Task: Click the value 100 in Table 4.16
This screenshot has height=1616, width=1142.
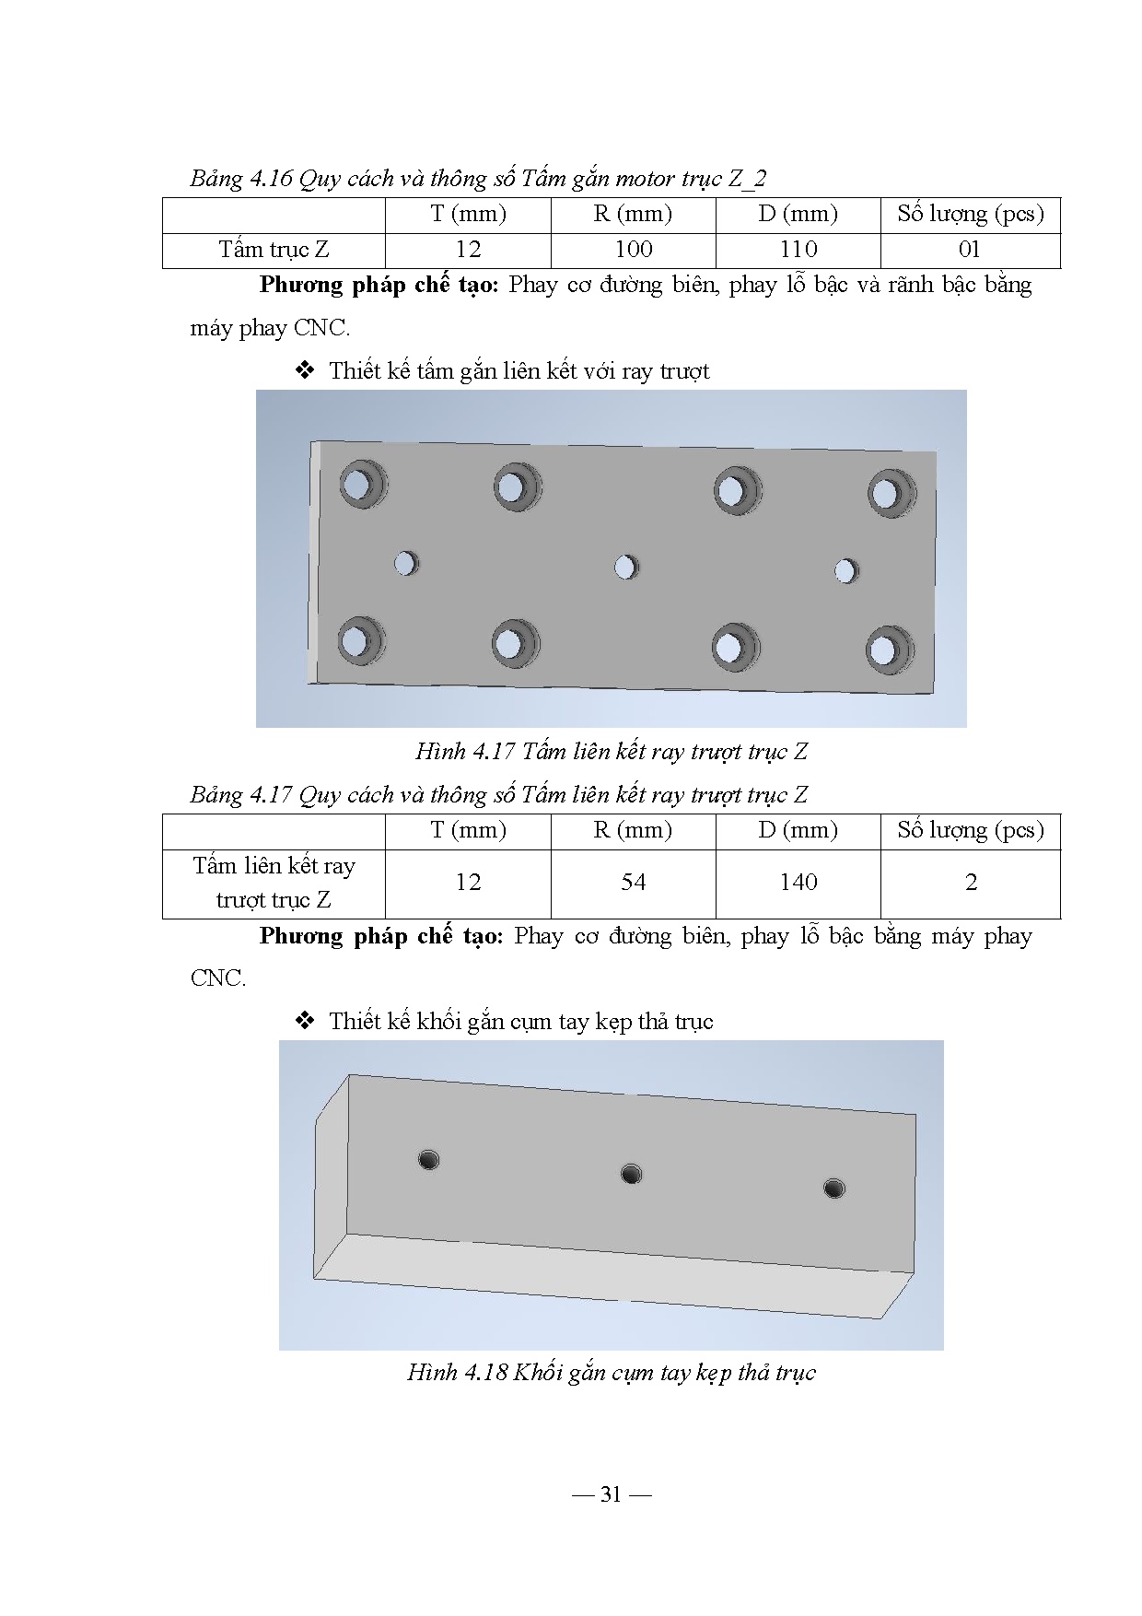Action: click(x=634, y=250)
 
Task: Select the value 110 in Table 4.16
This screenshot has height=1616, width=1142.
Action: click(x=798, y=250)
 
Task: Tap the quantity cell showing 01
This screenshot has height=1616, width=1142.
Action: click(x=970, y=250)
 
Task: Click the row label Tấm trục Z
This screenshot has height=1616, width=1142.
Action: click(x=274, y=250)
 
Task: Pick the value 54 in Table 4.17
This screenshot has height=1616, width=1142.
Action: click(x=634, y=883)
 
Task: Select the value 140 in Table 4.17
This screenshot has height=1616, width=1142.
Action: click(x=798, y=883)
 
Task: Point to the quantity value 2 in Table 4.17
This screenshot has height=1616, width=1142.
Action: click(x=971, y=883)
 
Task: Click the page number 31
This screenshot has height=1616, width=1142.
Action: click(x=611, y=1494)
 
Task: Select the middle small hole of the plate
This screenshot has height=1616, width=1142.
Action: click(x=625, y=567)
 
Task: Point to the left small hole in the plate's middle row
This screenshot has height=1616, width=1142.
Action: click(x=405, y=563)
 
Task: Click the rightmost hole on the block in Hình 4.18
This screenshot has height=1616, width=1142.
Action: click(x=833, y=1189)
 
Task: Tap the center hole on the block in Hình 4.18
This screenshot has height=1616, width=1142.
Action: click(x=631, y=1174)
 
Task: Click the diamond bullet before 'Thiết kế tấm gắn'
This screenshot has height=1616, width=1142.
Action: click(x=305, y=371)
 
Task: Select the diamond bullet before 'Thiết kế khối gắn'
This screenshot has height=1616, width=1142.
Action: click(x=305, y=1021)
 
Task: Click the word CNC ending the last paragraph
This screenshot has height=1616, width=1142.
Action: click(x=217, y=978)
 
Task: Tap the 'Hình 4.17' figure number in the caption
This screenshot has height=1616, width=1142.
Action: click(x=464, y=752)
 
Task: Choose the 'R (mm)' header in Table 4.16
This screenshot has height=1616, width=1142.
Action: click(x=633, y=215)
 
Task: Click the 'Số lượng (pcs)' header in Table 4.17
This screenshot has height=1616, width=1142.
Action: click(x=971, y=830)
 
